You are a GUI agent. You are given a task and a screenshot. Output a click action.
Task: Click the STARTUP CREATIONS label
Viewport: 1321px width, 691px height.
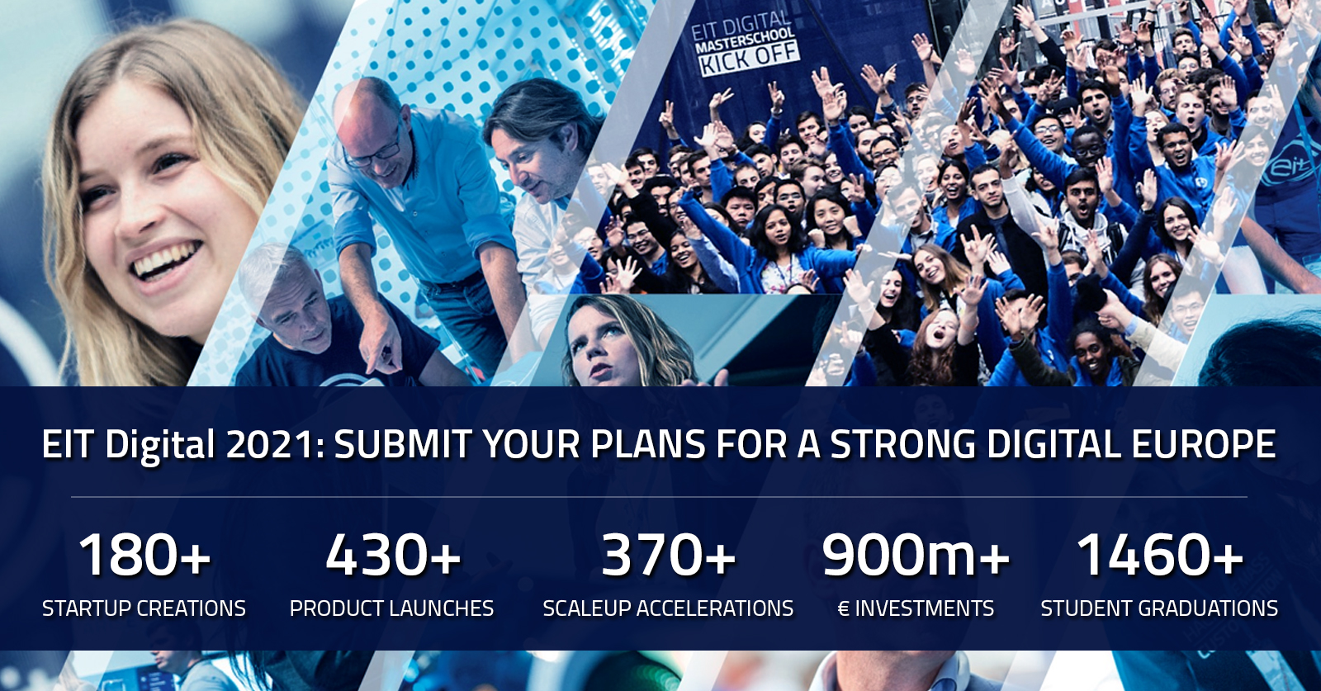[144, 608]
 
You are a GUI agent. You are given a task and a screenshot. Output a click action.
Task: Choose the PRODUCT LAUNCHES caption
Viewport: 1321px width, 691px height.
[391, 608]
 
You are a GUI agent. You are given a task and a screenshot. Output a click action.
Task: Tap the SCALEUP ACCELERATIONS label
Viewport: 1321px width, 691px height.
[668, 608]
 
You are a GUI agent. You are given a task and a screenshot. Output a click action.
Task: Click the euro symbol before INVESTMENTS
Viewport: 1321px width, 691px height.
[844, 608]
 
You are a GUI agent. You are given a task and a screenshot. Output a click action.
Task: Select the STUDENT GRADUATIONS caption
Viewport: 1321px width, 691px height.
[1159, 608]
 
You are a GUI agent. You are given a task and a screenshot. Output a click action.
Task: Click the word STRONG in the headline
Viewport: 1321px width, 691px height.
[903, 444]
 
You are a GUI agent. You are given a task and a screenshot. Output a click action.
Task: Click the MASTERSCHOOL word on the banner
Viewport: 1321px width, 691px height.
[745, 40]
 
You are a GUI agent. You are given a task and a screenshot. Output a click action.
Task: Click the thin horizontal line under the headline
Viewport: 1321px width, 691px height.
[660, 497]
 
